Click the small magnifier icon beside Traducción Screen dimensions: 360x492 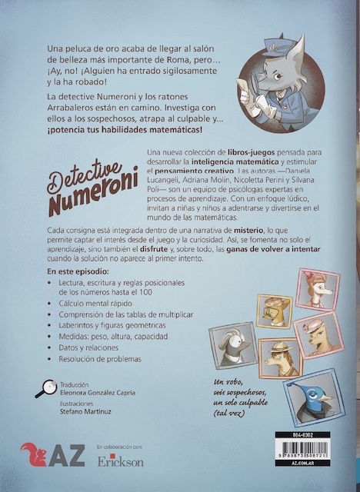[43, 390]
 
